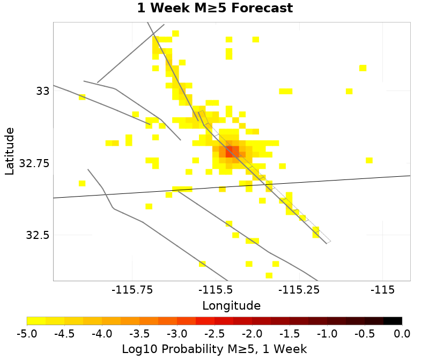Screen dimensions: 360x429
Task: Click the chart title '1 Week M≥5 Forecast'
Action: coord(214,9)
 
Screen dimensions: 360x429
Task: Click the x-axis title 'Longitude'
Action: coord(231,306)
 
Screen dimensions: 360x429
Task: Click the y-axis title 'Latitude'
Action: coord(9,151)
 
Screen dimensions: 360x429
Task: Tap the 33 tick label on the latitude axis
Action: coord(43,91)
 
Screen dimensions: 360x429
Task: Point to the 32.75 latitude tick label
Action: coord(34,163)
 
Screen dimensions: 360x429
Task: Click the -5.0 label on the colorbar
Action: coord(27,334)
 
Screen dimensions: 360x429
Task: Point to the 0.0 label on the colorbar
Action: coord(402,334)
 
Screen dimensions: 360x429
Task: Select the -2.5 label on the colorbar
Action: coord(214,334)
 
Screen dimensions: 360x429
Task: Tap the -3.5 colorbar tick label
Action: coord(139,334)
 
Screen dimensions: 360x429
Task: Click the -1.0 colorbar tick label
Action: coord(327,334)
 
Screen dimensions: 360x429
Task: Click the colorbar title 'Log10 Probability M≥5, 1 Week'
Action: coord(214,349)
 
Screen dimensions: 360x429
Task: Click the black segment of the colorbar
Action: coord(393,321)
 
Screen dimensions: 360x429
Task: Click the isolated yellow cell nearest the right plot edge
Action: coord(369,160)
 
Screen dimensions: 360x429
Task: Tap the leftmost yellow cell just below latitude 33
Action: coord(82,97)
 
